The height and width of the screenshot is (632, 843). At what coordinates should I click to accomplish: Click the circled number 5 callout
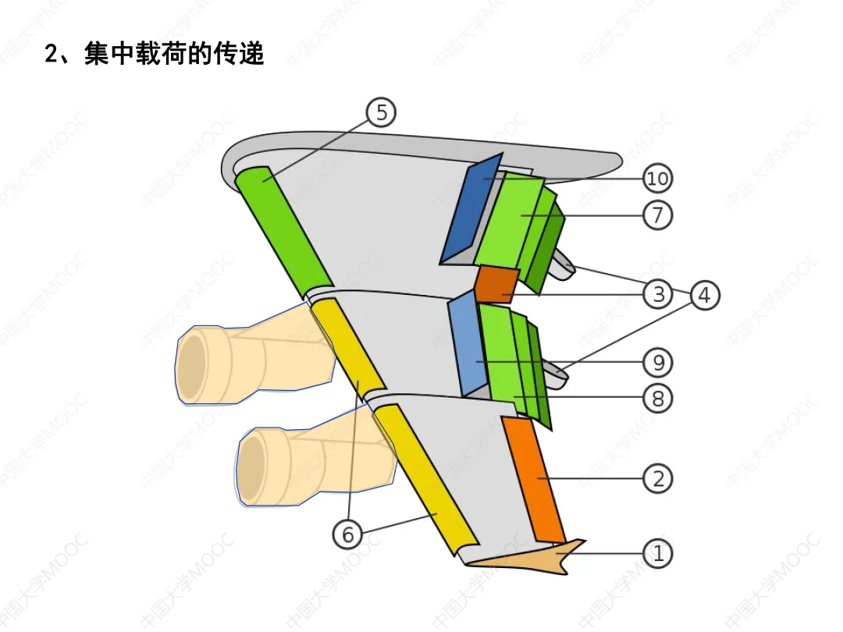(x=381, y=113)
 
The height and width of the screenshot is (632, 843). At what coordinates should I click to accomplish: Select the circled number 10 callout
(x=658, y=179)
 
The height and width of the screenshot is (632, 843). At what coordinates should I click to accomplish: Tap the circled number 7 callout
(x=658, y=215)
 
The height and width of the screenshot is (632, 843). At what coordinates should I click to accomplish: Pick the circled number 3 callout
(x=658, y=294)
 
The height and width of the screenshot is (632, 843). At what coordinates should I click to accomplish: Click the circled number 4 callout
(x=704, y=296)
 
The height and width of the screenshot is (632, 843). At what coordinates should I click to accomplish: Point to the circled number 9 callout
(x=658, y=363)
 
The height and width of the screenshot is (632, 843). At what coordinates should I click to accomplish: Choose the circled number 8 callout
(x=658, y=399)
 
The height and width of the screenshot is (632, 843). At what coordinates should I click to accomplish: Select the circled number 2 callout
(x=658, y=478)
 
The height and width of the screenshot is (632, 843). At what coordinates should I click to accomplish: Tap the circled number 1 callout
(x=658, y=554)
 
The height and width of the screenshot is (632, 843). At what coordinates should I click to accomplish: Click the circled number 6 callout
(x=348, y=534)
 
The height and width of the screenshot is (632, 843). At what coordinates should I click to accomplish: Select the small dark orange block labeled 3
(x=497, y=284)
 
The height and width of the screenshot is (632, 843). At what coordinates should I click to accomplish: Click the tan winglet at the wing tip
(x=539, y=557)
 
